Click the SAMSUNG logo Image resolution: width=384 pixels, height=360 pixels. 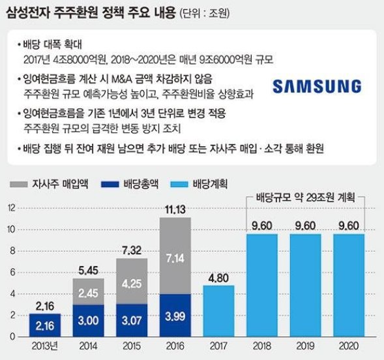pos(317,86)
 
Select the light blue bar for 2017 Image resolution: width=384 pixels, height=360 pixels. pos(218,311)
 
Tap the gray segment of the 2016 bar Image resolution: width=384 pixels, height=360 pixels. pos(175,256)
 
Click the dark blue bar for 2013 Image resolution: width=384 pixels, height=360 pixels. pos(45,325)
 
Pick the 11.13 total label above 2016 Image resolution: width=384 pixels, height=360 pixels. pos(175,209)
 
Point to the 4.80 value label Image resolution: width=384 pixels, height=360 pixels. pos(218,278)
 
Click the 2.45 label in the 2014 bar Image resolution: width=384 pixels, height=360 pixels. pos(89,293)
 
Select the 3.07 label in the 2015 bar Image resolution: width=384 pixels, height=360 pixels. pos(132,321)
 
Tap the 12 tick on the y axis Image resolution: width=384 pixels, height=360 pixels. pos(12,208)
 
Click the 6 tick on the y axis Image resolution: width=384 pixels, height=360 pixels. pos(12,273)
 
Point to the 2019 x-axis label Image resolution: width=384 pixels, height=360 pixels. pos(305,346)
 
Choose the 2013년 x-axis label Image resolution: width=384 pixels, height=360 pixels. pos(45,346)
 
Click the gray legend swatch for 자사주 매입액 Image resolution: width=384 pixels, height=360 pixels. pos(19,184)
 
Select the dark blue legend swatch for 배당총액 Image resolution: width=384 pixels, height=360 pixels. pos(110,184)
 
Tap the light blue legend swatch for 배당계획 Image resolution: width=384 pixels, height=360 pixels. pos(179,184)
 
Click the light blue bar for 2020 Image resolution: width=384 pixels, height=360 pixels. pos(349,285)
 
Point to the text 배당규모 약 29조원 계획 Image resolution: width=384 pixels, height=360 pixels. pos(305,198)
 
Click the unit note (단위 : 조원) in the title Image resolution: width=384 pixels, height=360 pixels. pos(205,14)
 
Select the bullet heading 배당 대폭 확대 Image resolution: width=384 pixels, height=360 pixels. pos(52,44)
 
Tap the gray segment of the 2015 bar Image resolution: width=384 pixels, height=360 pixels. pos(132,281)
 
